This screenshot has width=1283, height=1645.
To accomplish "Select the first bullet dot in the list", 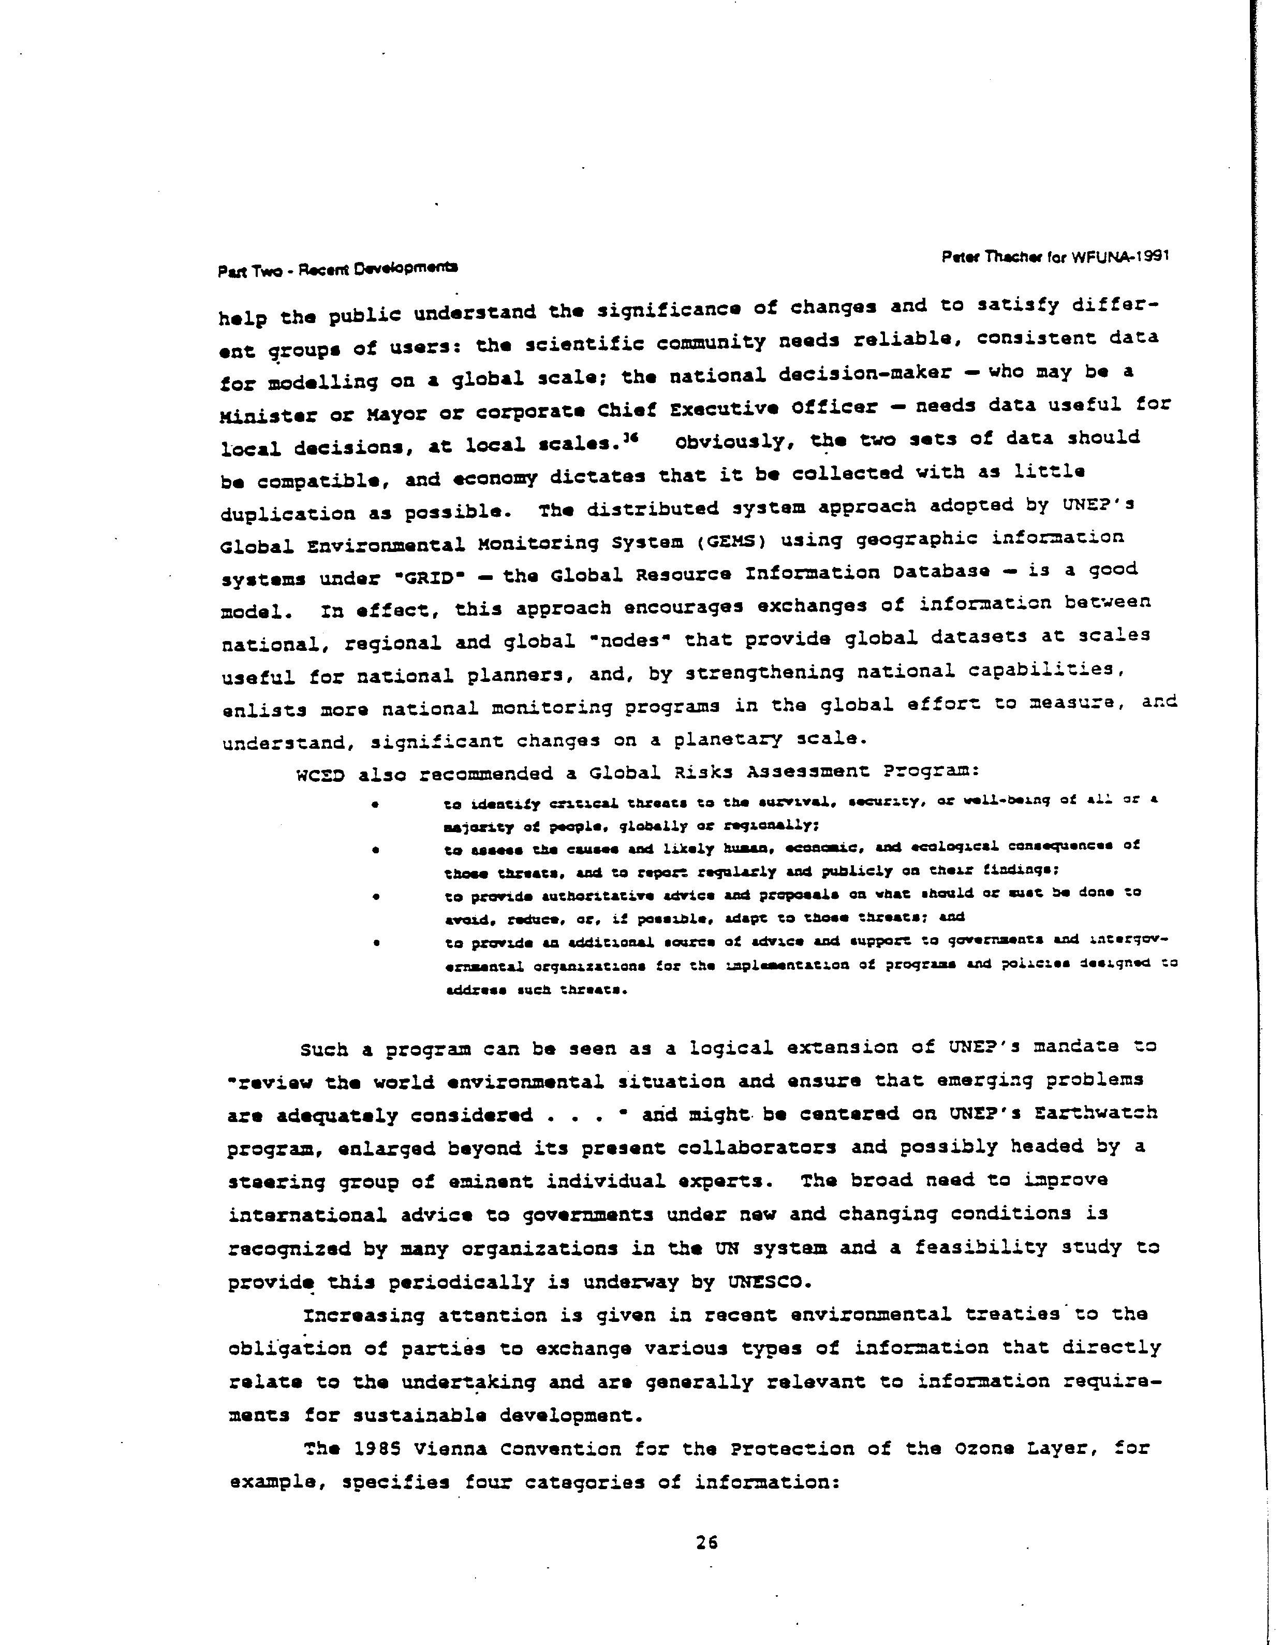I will click(x=374, y=806).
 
